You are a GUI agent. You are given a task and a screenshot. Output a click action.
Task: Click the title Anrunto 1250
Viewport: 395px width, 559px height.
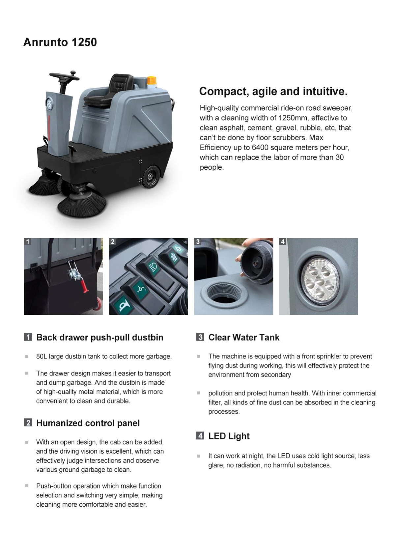tap(60, 42)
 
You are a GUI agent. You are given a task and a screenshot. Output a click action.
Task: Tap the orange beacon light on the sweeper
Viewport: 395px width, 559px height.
tap(152, 80)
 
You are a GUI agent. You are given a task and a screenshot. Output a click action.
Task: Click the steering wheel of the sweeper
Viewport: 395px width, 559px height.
tap(65, 76)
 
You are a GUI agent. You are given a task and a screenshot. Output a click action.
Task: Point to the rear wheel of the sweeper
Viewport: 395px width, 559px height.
tap(151, 177)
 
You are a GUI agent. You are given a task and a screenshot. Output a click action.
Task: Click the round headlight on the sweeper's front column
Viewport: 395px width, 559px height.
tap(49, 104)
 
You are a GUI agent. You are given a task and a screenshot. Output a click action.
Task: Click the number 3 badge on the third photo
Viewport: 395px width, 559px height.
tap(198, 241)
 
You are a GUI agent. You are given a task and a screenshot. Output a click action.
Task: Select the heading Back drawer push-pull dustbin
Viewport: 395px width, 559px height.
tap(99, 338)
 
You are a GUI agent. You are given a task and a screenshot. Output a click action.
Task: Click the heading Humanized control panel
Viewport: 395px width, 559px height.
tap(88, 423)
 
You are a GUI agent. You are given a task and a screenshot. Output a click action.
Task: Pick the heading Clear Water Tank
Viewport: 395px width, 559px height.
tap(244, 338)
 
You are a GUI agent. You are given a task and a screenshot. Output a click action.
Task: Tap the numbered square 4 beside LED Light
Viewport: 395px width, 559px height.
tap(200, 436)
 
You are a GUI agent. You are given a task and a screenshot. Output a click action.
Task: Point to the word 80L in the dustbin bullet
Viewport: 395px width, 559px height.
tap(42, 356)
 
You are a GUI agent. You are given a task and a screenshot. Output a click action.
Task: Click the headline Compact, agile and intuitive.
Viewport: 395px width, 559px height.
tap(273, 92)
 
